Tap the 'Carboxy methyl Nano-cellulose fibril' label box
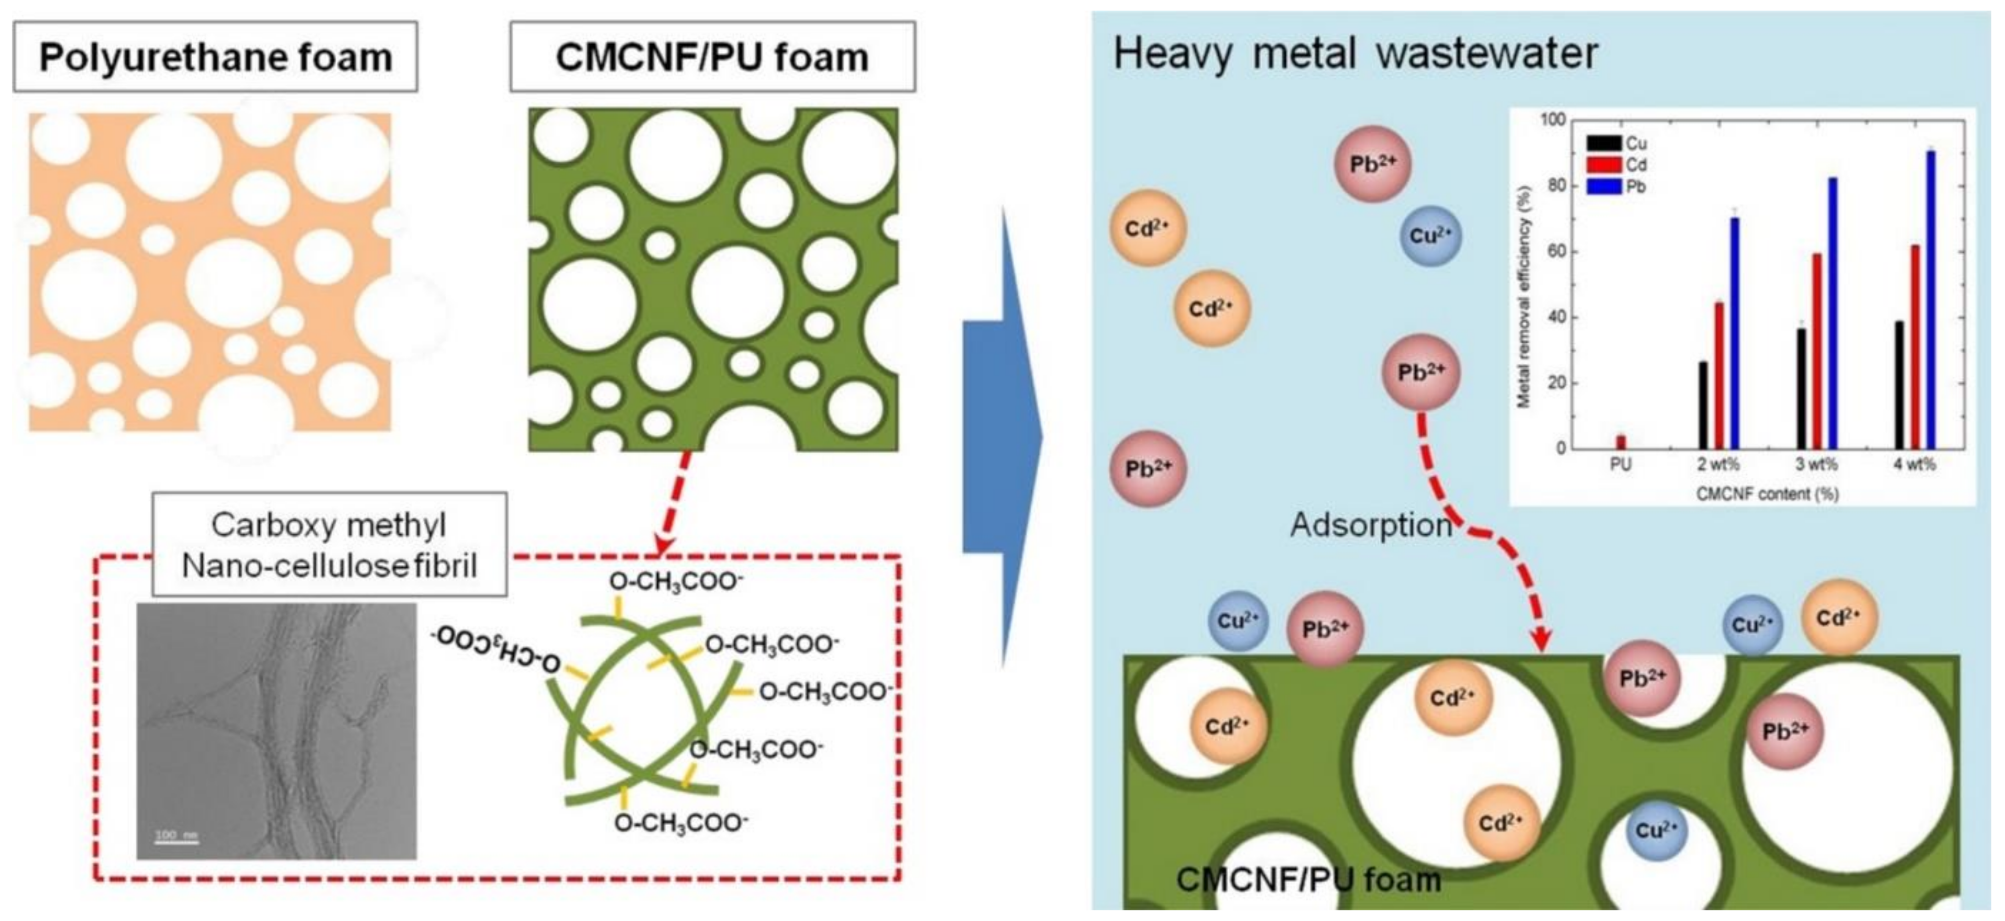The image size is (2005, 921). coord(329,545)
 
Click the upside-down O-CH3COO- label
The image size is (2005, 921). coord(497,648)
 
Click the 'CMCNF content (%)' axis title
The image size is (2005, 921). coord(1767,493)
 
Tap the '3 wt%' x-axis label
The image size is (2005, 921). coord(1816,464)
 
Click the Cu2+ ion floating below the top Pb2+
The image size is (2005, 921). coord(1430,235)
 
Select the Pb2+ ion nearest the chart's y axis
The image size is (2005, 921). coord(1421,372)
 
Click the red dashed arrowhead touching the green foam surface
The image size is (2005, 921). coord(1540,642)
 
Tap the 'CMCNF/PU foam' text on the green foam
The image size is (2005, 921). coord(1308,880)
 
